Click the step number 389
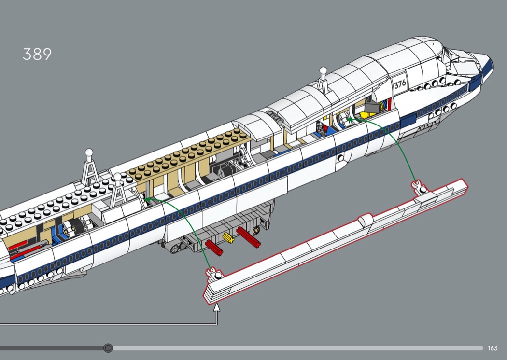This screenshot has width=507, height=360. click(37, 54)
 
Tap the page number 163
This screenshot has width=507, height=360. click(493, 348)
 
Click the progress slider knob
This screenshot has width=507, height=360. click(108, 348)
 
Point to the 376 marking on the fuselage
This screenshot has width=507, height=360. click(400, 83)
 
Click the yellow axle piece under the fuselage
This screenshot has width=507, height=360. click(228, 238)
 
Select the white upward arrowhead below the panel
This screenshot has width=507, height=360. click(217, 307)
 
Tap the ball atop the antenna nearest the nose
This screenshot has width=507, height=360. click(323, 70)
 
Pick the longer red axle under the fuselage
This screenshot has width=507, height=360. click(248, 237)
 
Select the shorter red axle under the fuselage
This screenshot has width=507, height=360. click(214, 248)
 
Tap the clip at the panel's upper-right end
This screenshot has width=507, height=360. click(420, 187)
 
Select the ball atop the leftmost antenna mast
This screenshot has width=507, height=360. click(89, 152)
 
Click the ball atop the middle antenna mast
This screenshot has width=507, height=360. click(117, 177)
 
